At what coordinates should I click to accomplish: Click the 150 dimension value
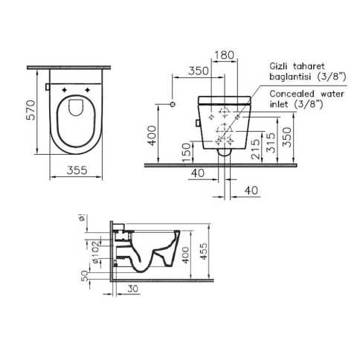[x=186, y=150]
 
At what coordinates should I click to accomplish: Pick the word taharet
[x=316, y=65]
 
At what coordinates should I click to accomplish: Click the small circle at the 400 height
[x=173, y=101]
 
